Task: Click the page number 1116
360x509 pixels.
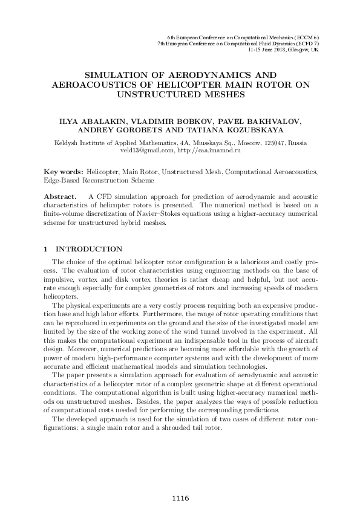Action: click(180, 498)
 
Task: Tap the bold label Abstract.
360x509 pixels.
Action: click(61, 197)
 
